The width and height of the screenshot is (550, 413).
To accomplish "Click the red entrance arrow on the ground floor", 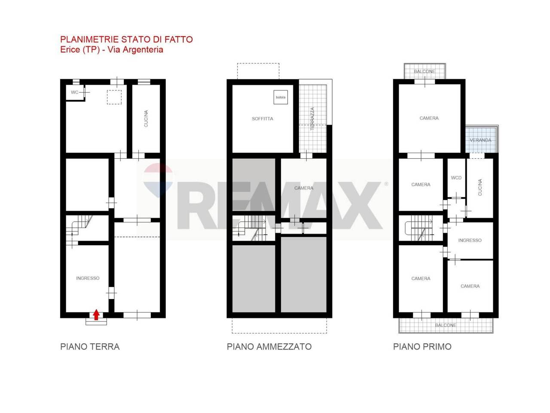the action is (96, 314).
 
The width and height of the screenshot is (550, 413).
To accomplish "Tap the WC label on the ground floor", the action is (74, 92).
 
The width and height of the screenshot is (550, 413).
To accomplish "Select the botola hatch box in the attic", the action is (281, 97).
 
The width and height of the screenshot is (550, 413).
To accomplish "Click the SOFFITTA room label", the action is (263, 119).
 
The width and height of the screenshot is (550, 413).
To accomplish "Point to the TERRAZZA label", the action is (312, 119).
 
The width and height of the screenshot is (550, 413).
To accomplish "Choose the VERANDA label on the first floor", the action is (480, 140).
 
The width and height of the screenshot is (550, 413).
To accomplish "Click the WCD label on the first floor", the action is (456, 178).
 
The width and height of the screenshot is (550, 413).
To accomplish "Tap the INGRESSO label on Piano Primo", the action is (470, 240).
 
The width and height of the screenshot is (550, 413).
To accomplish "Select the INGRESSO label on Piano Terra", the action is (88, 278).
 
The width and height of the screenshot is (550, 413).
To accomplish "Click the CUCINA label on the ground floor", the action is (146, 119).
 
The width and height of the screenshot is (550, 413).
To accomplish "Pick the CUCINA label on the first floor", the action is (480, 187).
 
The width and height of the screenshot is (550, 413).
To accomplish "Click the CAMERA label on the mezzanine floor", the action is (304, 188).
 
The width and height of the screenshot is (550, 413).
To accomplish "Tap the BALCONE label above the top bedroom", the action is (425, 71).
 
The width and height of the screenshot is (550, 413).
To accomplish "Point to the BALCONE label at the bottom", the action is (446, 325).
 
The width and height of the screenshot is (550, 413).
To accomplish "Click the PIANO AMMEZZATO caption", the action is (269, 347).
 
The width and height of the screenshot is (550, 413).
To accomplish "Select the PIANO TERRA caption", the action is (90, 347).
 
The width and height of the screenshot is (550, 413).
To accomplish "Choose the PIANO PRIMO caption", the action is (422, 347).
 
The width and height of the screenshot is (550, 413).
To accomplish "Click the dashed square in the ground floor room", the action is (114, 97).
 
